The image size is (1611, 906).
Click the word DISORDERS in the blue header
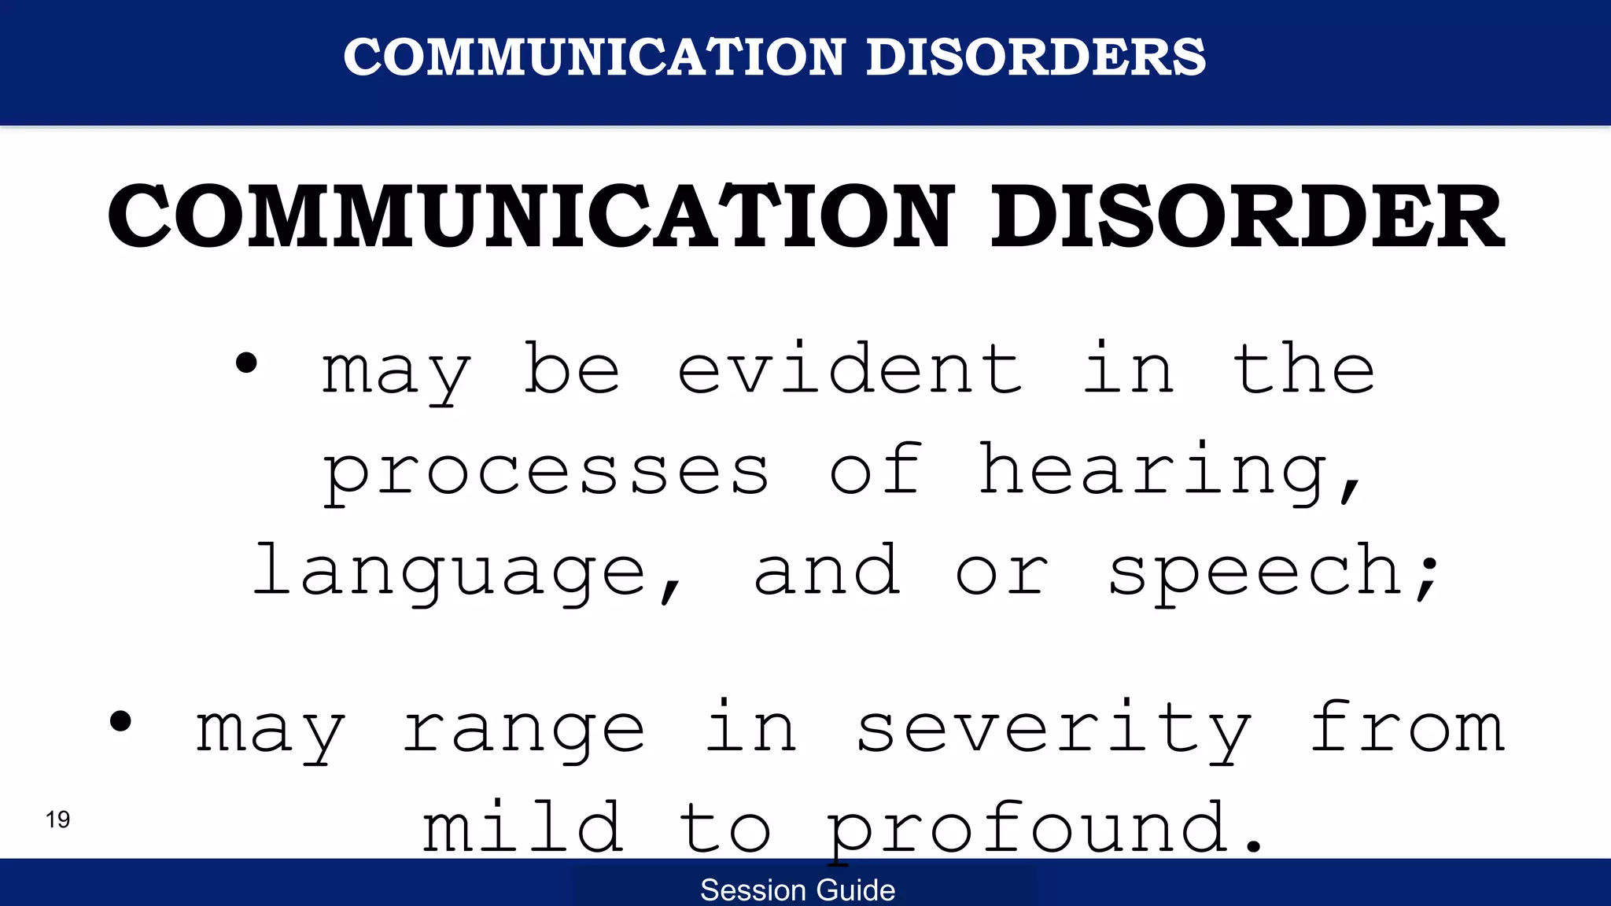tap(1035, 57)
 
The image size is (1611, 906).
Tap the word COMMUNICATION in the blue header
tap(594, 57)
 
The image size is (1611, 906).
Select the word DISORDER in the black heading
tap(1247, 216)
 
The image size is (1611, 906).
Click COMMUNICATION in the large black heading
tap(531, 216)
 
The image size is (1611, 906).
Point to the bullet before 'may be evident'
tap(246, 363)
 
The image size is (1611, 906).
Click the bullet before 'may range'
tap(120, 720)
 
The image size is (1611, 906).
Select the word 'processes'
tap(546, 472)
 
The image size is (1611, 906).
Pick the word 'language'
tap(450, 573)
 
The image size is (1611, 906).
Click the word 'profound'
tap(1027, 827)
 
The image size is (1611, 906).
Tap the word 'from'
tap(1407, 728)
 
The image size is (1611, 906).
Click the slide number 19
tap(57, 819)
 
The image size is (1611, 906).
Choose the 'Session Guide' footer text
tap(798, 890)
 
